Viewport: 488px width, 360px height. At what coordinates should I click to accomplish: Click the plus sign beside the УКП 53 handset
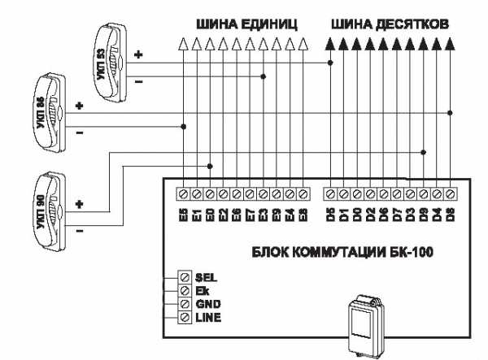pyautogui.click(x=138, y=55)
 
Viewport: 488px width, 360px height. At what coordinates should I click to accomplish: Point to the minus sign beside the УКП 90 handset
pyautogui.click(x=79, y=230)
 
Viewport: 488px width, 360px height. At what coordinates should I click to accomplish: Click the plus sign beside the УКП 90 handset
pyautogui.click(x=79, y=203)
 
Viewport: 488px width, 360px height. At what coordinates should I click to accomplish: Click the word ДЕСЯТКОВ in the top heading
pyautogui.click(x=412, y=24)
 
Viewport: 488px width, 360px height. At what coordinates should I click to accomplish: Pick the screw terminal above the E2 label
pyautogui.click(x=223, y=194)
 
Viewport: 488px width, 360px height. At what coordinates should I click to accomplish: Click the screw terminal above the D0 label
pyautogui.click(x=357, y=194)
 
